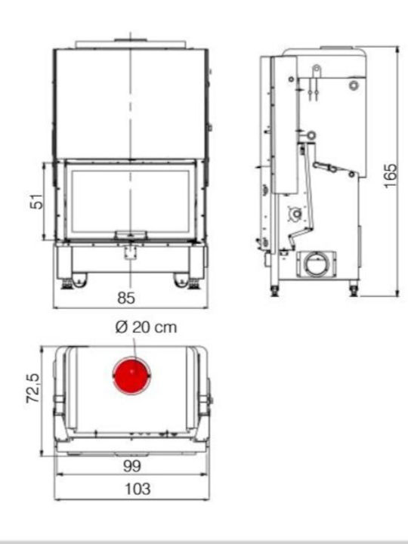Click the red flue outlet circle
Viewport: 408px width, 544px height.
131,376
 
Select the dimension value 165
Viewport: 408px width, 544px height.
391,176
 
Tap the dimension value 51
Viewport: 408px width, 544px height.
37,202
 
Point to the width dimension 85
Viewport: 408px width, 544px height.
126,298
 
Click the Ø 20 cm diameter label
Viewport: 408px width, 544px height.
146,327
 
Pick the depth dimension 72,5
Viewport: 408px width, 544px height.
34,388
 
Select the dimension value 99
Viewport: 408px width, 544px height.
131,466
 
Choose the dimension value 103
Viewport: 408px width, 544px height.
138,489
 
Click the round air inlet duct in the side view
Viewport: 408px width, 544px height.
316,264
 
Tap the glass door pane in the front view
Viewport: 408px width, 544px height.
130,201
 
